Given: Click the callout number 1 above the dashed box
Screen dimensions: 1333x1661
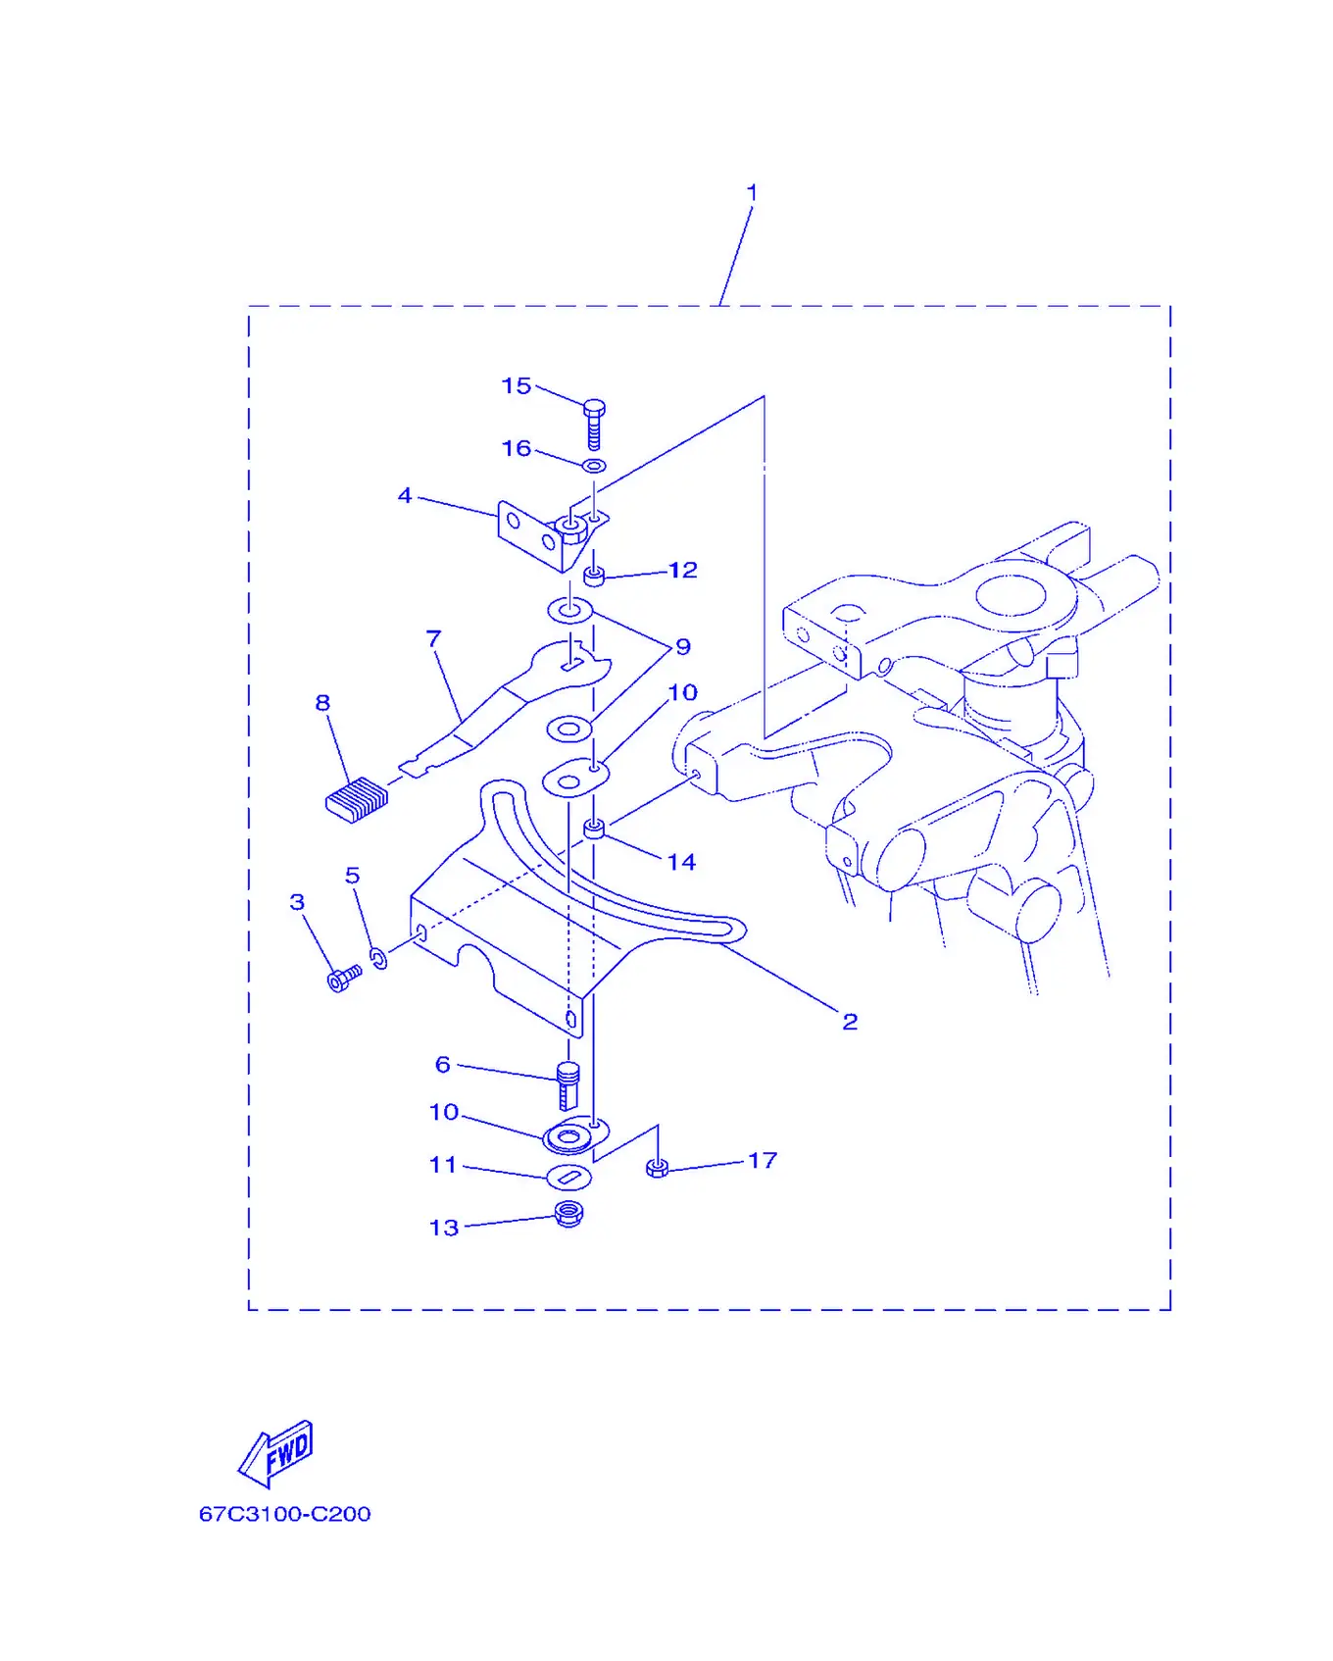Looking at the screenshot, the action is (752, 192).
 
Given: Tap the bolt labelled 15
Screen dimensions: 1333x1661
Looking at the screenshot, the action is (594, 424).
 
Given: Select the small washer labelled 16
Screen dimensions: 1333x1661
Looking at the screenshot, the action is (594, 466).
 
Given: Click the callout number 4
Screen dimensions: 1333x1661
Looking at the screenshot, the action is (405, 496).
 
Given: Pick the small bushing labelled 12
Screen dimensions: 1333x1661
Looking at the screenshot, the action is (594, 575).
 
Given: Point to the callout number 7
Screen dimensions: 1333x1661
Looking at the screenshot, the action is (434, 639).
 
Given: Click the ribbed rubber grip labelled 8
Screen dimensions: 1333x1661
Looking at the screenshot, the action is (357, 799).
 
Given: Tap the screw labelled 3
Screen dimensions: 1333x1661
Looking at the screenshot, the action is (344, 978).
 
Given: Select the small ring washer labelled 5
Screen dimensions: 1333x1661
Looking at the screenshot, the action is (378, 957).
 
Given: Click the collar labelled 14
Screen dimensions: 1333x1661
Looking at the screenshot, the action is (594, 830).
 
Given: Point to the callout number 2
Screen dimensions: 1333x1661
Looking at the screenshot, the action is (850, 1022).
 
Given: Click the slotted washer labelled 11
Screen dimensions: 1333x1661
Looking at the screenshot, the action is (568, 1176).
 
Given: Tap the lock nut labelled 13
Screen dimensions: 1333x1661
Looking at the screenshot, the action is (568, 1214).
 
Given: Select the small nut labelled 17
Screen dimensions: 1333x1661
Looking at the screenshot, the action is (658, 1167).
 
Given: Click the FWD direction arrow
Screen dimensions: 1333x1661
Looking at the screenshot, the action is (276, 1453).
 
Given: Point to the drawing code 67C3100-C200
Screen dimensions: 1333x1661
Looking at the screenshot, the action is (285, 1514).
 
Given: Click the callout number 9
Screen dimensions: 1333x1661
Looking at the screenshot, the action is (683, 647).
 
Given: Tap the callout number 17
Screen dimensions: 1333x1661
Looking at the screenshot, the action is (763, 1161).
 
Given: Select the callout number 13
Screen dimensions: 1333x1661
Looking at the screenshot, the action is (444, 1228).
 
